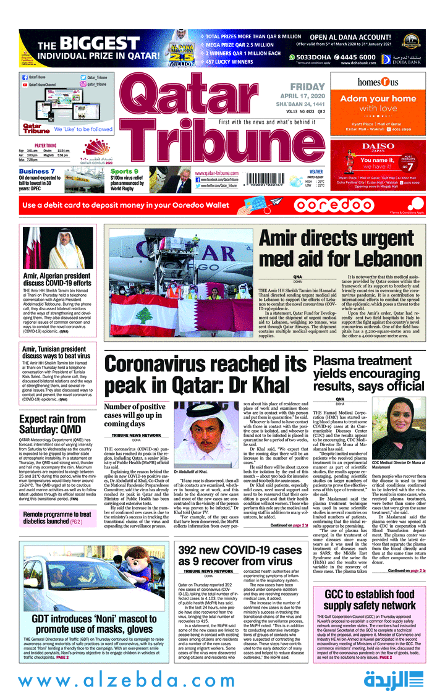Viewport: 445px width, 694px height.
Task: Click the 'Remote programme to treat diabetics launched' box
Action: tap(57, 518)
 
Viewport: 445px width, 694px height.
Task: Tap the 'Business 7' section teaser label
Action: tap(36, 171)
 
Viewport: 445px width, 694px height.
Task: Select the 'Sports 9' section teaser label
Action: tap(124, 171)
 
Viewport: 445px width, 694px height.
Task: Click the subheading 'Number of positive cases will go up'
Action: tap(134, 415)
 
